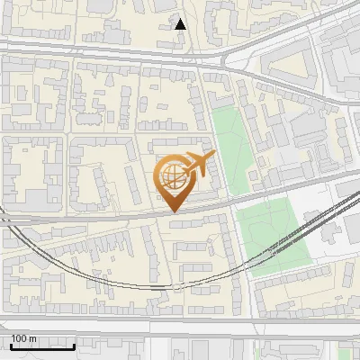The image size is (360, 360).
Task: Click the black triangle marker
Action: coord(181,23)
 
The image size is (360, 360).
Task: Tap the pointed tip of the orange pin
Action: coord(174,212)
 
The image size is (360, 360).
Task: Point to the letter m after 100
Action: coord(32,339)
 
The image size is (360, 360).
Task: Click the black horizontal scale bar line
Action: coord(41,346)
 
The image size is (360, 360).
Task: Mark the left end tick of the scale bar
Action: coord(10,344)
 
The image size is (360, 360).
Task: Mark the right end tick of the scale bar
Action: coord(74,344)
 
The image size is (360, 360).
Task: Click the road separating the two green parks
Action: coord(252,195)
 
